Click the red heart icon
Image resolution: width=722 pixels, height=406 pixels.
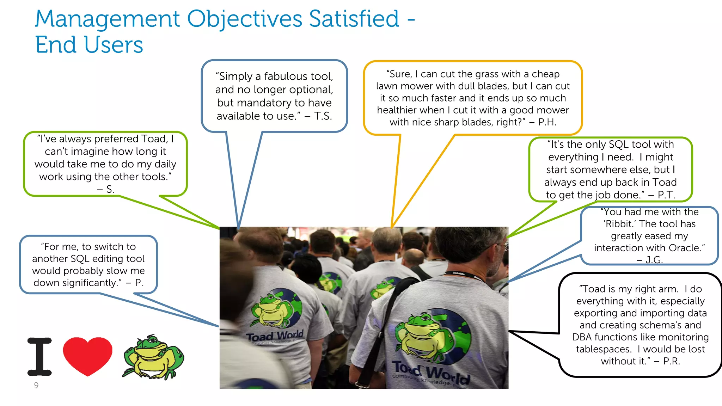[x=87, y=355]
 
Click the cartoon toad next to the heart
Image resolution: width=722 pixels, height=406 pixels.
[x=153, y=357]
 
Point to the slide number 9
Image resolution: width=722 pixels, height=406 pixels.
[x=36, y=385]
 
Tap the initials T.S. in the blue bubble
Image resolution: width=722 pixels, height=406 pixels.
[x=323, y=116]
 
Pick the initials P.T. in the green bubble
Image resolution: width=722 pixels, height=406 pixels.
[x=666, y=195]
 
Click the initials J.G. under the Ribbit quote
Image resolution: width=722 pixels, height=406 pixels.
[x=654, y=260]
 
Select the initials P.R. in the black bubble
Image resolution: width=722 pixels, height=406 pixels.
[x=671, y=361]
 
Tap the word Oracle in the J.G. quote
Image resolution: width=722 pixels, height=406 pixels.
[x=684, y=248]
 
